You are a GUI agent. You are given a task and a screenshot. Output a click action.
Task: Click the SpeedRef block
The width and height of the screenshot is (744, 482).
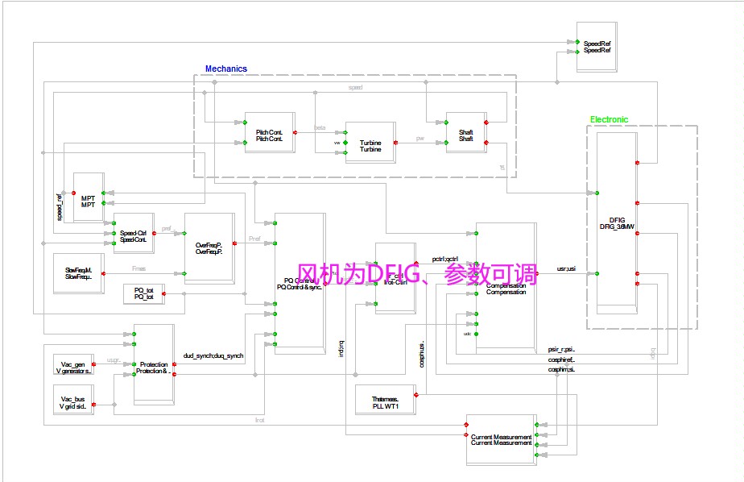[597, 47]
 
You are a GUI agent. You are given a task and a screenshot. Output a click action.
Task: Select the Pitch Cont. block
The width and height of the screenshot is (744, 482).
[269, 135]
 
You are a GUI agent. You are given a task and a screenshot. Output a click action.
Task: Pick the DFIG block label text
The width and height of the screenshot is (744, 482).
[618, 222]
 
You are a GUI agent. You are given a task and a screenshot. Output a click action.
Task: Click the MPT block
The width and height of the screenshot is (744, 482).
[88, 201]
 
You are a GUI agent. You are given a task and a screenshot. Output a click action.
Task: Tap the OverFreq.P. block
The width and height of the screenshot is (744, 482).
[209, 247]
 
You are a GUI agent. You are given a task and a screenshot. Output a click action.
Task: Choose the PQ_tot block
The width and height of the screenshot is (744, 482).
[143, 294]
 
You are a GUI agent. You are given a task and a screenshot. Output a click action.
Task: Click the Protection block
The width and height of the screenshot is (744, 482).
[153, 368]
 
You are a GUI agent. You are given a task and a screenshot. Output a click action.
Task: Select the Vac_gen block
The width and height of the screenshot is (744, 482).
[73, 367]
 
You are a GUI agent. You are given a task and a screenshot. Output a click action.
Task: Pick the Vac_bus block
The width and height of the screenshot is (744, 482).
[73, 402]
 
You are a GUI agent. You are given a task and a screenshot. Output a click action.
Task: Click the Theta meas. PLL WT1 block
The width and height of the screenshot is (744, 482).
[385, 401]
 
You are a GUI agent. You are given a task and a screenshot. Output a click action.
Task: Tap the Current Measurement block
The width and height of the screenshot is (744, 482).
[501, 439]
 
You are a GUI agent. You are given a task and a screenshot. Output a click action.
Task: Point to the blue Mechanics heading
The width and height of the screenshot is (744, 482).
[226, 69]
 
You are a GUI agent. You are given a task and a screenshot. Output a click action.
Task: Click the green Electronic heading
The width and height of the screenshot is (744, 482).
[609, 119]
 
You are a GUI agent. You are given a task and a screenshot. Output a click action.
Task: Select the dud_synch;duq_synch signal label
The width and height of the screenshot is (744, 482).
[213, 355]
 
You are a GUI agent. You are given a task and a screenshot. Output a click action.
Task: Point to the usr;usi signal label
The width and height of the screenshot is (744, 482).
[566, 268]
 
